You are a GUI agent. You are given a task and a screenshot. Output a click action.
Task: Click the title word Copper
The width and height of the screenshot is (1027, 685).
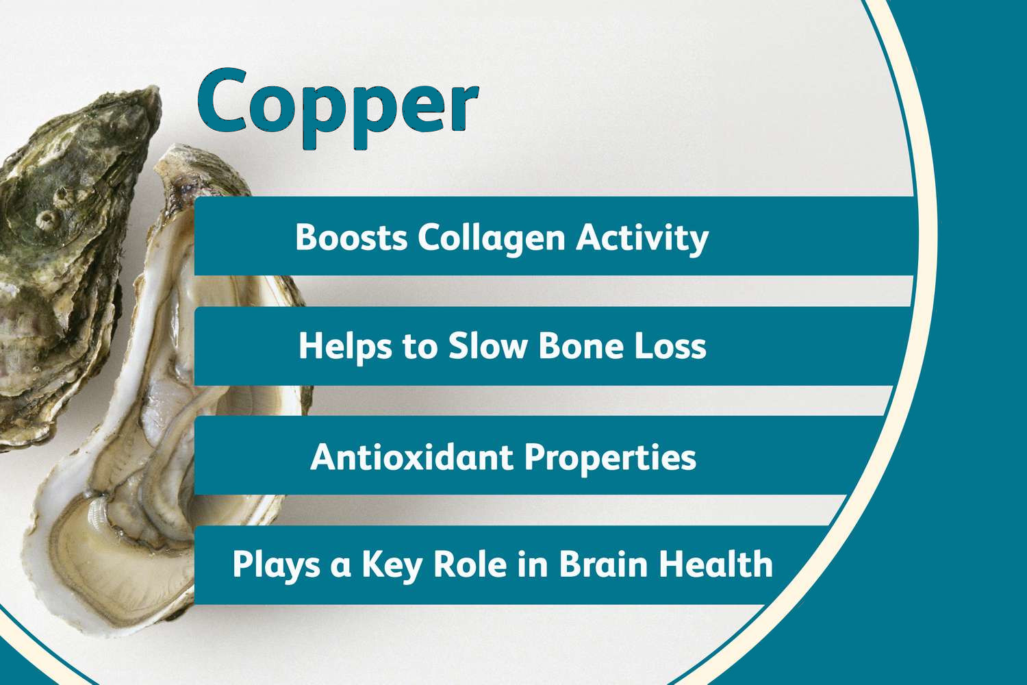point(338,105)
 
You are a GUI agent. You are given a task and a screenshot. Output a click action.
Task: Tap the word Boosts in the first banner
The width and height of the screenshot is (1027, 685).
point(351,237)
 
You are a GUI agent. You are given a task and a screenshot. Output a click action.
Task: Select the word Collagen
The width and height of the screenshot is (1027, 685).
point(492,238)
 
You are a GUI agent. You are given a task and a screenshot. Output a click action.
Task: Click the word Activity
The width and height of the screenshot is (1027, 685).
point(642,238)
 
